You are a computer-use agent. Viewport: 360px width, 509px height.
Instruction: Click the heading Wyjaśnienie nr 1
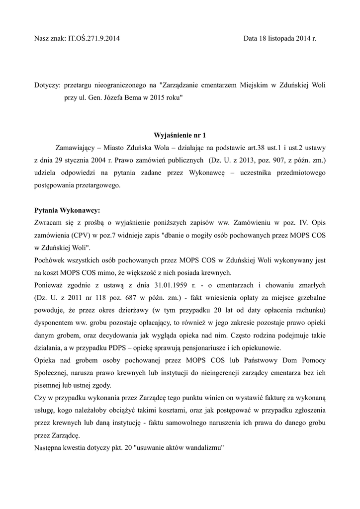click(180, 135)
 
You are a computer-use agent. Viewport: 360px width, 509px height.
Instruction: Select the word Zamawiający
click(75, 148)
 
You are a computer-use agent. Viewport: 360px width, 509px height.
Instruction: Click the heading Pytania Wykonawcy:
click(67, 210)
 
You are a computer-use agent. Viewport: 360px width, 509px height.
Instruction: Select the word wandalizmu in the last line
click(202, 447)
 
